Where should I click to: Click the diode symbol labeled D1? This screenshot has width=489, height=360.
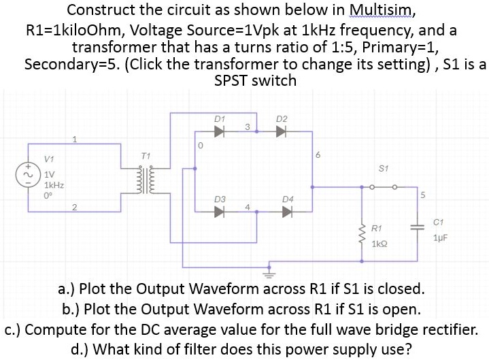pos(219,131)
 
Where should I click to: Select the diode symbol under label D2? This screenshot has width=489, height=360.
pos(281,131)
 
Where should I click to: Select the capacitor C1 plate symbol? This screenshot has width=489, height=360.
pos(418,227)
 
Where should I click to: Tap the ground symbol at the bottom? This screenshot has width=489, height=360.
pos(269,274)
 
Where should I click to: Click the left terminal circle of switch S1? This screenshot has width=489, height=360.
pos(372,187)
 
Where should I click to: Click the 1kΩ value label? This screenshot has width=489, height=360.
pos(380,244)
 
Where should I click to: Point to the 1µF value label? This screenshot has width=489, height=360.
pos(440,238)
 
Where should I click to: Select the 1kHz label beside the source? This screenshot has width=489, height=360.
pos(54,185)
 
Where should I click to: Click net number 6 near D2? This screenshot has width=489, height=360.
pos(318,154)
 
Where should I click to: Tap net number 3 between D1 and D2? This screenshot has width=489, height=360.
pos(248,127)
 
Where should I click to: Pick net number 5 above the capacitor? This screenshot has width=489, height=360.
pos(422,195)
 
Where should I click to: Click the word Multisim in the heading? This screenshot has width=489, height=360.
pos(382,10)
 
